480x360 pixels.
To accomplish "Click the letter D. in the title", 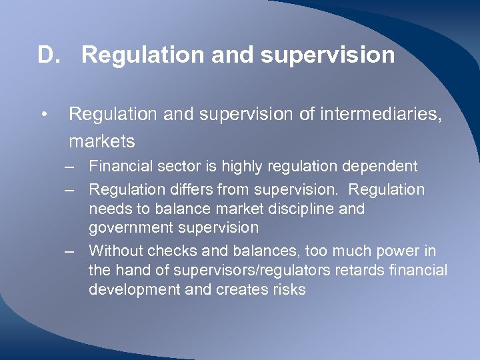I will point(49,55).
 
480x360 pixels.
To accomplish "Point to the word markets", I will point(101,141).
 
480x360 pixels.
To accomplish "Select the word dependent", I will point(380,165).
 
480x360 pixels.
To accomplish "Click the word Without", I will point(117,251).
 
